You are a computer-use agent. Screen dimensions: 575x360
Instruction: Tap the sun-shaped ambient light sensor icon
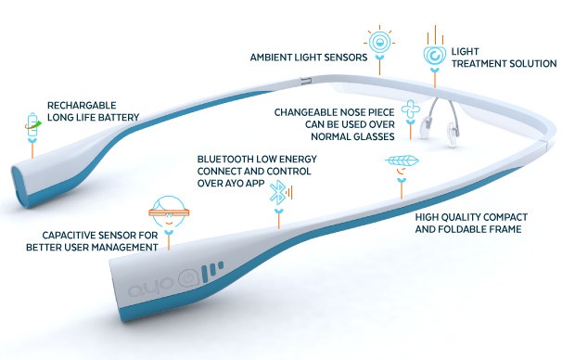379,42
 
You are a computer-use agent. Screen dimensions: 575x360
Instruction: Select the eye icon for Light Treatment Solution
435,56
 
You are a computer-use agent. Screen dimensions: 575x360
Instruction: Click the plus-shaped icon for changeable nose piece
411,109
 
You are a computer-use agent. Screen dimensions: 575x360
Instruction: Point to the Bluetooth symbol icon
280,192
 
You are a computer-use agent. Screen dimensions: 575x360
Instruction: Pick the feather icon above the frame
402,161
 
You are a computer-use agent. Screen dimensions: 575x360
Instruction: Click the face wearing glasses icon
169,212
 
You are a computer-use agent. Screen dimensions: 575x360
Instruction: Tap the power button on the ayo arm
187,277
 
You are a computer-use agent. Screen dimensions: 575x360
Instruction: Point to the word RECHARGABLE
82,106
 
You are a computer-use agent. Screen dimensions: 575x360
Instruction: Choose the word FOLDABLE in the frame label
464,229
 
